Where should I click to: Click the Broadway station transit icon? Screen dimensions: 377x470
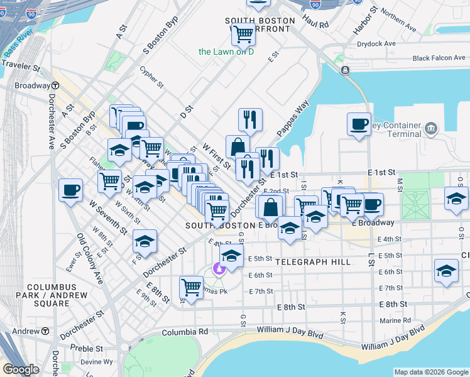tap(55, 85)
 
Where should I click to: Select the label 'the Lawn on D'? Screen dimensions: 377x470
tap(226, 52)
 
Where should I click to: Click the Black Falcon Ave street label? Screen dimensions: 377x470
tap(439, 58)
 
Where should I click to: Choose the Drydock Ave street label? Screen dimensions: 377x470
tap(376, 44)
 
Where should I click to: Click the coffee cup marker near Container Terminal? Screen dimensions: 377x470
tap(359, 124)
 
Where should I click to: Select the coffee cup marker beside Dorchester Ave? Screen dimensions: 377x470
tap(71, 189)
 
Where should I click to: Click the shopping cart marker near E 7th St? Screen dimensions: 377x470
tap(191, 287)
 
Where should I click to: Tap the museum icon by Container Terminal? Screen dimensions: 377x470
tap(430, 129)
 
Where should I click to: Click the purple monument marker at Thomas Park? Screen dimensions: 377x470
tap(219, 270)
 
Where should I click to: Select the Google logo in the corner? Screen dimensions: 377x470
tap(21, 369)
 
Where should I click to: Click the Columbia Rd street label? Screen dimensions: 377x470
tap(185, 331)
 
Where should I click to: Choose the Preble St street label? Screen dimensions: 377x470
tap(87, 348)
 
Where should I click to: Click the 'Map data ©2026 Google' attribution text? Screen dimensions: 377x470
tap(431, 372)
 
